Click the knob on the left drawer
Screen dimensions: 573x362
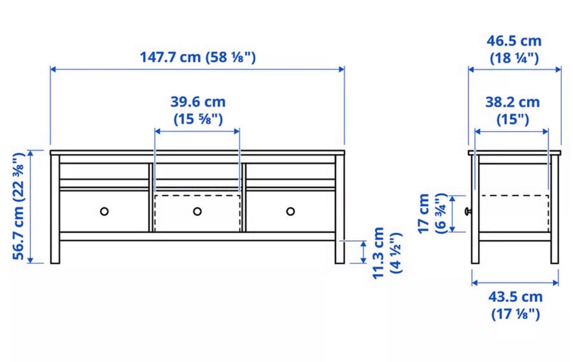click(104, 211)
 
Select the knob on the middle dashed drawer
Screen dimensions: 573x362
click(198, 211)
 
